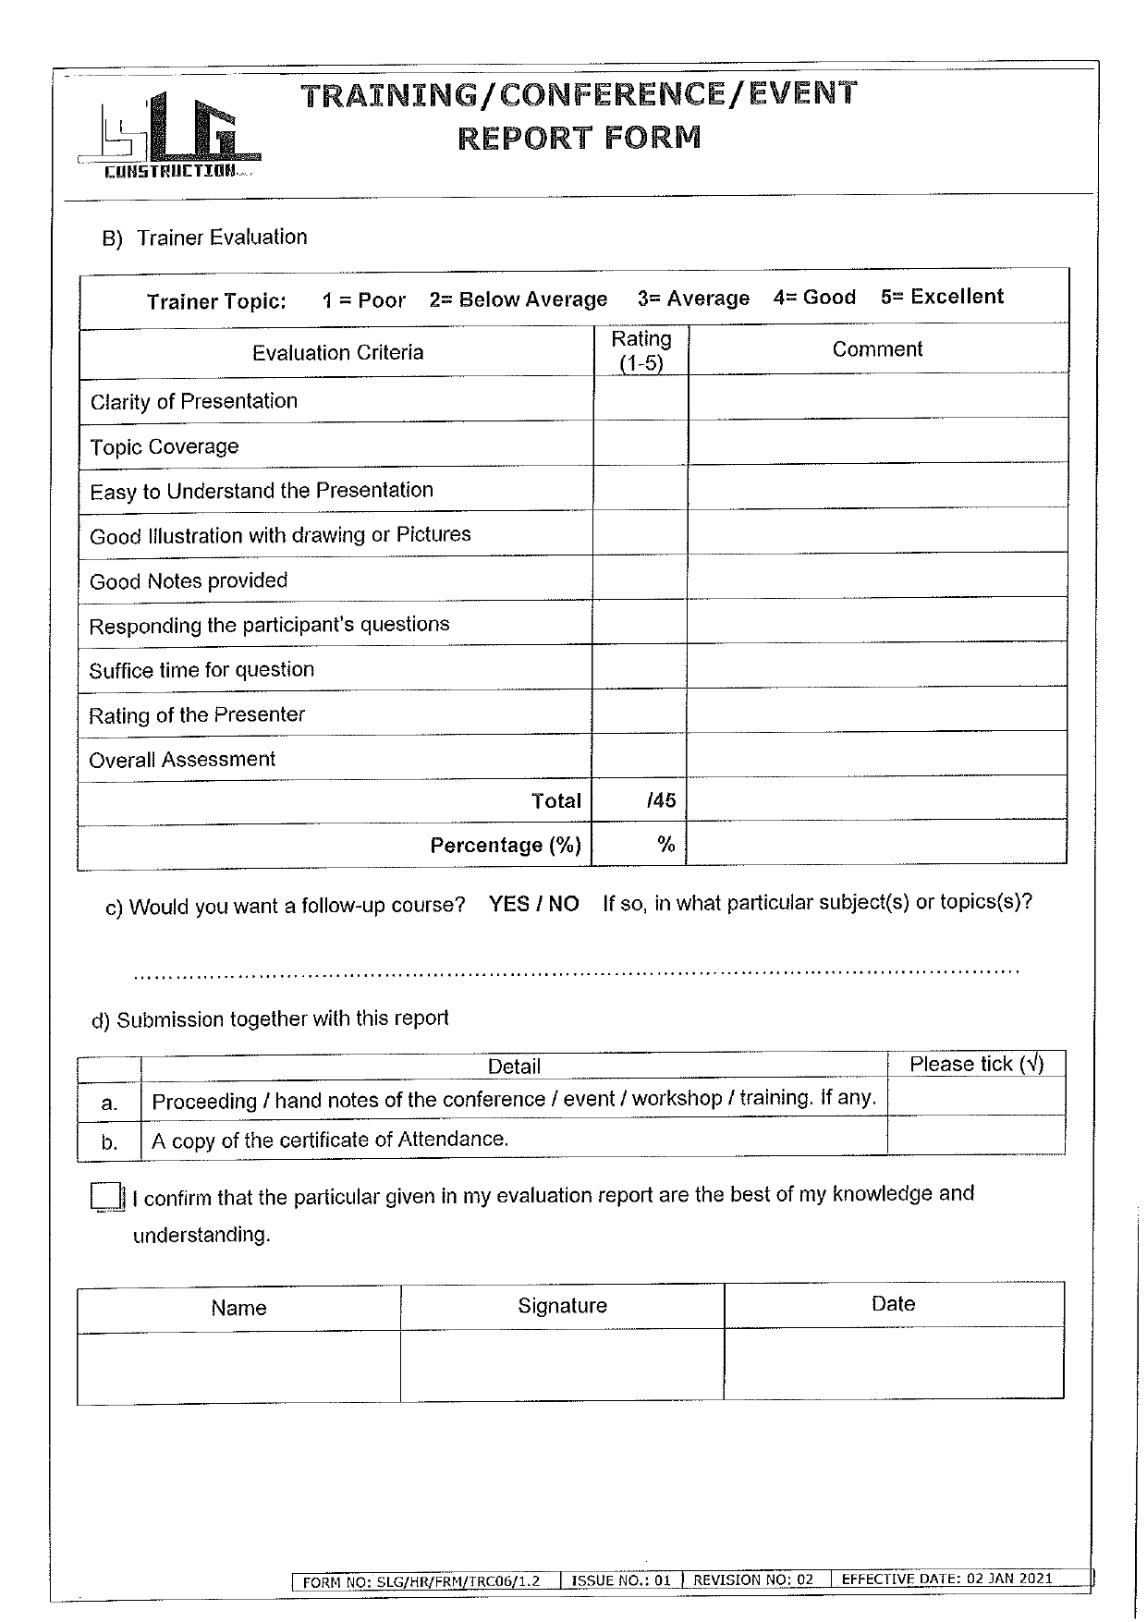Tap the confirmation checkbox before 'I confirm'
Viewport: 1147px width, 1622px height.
tap(106, 1196)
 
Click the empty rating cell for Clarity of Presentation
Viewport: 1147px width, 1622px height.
tap(640, 398)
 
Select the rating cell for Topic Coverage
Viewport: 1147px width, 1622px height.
tap(640, 444)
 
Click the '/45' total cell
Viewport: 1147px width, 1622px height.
tap(640, 799)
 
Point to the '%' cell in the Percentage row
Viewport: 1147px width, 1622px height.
tap(640, 844)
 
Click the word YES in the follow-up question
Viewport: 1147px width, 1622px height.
tap(508, 904)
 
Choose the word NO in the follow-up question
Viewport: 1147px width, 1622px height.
tap(563, 904)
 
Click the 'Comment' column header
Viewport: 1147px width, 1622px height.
tap(877, 349)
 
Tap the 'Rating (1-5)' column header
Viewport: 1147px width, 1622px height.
tap(641, 351)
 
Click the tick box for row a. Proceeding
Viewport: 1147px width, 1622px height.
tap(975, 1097)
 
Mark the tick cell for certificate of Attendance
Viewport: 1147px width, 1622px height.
tap(975, 1136)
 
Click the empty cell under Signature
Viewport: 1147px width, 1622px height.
tap(562, 1365)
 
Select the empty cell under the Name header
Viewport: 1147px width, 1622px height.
tap(238, 1368)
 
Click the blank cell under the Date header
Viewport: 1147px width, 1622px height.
tap(893, 1363)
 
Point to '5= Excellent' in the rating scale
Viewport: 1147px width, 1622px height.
tap(942, 297)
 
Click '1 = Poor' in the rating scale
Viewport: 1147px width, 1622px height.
tap(363, 300)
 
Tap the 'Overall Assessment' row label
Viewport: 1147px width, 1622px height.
tap(182, 760)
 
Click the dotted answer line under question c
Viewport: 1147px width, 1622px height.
tap(576, 972)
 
